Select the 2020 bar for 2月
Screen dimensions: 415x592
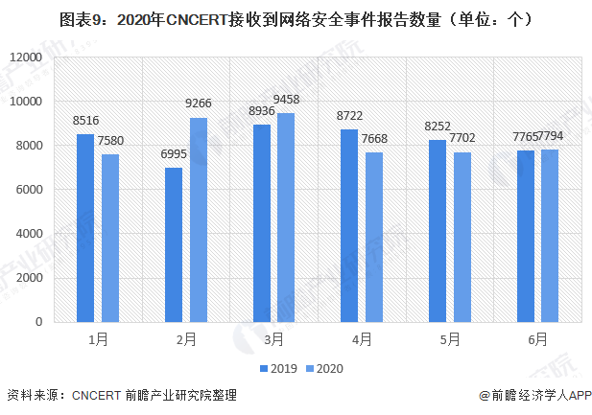tap(199, 219)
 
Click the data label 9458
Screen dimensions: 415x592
tap(286, 100)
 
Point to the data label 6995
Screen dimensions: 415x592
tap(174, 154)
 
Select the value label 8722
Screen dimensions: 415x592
tap(349, 116)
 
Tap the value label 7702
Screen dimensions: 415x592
tap(462, 138)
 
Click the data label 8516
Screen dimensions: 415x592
tap(85, 121)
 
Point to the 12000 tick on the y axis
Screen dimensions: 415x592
tap(26, 58)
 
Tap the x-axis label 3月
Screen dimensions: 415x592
tap(273, 339)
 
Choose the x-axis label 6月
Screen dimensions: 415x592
tap(537, 339)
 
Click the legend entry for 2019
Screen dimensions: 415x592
tap(277, 368)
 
